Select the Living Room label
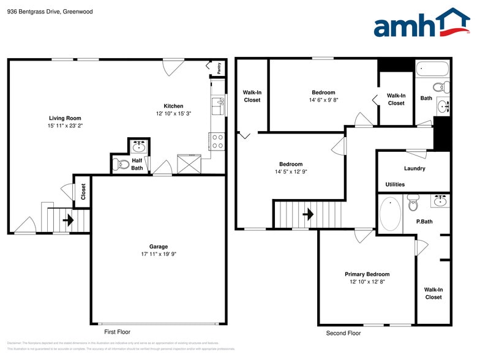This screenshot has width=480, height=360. pos(65,118)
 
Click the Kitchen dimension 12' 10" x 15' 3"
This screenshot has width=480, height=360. pos(173,114)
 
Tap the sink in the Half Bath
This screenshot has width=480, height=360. pos(140,146)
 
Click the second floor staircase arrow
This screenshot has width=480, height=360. pos(307,214)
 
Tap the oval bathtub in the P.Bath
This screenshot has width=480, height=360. pos(390,214)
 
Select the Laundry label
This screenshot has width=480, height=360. pos(414,168)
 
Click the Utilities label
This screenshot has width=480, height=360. pos(395,184)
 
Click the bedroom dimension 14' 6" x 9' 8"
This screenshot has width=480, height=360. pos(323,100)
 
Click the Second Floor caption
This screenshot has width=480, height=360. pos(343,333)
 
